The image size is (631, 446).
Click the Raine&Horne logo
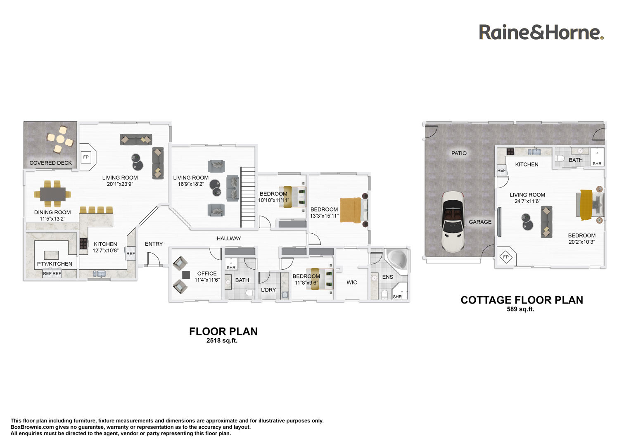tap(541, 32)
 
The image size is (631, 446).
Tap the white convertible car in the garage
tap(453, 222)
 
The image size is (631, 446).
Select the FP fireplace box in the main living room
tap(85, 157)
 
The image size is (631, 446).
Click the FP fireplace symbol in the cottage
tap(506, 257)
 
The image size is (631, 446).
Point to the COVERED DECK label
tap(51, 163)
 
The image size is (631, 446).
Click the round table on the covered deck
tap(60, 139)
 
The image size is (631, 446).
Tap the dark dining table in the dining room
tap(53, 194)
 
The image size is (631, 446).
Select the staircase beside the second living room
tap(248, 197)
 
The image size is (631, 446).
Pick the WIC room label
tap(351, 282)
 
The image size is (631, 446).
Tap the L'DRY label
tap(268, 289)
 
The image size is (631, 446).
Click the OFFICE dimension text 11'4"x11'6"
tap(207, 280)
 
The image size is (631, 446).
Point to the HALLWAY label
tap(229, 238)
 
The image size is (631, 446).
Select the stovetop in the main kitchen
tap(83, 244)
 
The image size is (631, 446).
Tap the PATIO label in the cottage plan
tap(459, 153)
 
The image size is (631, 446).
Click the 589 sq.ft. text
tap(520, 309)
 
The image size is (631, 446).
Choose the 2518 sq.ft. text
tap(222, 340)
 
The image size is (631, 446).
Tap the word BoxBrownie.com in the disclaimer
tap(32, 427)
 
